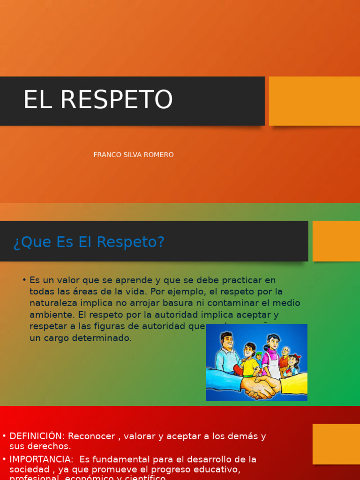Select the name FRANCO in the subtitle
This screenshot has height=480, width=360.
(x=107, y=155)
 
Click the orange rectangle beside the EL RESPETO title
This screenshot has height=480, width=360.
(x=314, y=101)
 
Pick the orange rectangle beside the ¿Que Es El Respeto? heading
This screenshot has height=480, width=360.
(x=336, y=241)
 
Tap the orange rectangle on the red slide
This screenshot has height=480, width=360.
(x=336, y=444)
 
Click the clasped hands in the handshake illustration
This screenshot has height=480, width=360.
(x=259, y=387)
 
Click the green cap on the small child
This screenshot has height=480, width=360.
(x=258, y=355)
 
